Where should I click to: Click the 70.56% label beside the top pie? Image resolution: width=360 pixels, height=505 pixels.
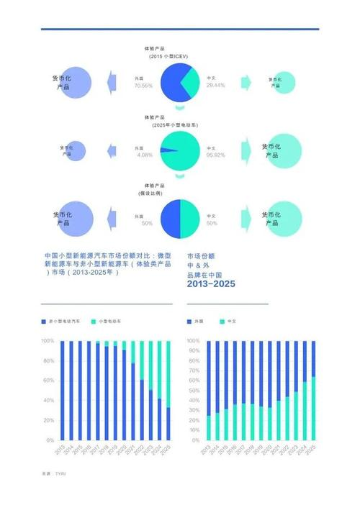(x=143, y=85)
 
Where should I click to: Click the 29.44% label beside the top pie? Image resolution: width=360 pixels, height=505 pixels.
(x=215, y=85)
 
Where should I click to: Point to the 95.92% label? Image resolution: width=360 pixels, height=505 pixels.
(x=215, y=155)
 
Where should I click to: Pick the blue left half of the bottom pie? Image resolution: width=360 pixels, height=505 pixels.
(x=169, y=219)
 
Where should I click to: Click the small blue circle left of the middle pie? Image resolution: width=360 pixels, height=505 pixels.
(x=75, y=150)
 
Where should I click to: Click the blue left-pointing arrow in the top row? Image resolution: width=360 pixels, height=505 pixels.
(x=112, y=81)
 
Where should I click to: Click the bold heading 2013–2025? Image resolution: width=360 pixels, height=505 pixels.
(x=211, y=284)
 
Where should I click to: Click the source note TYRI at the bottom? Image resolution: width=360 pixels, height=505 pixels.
(x=60, y=473)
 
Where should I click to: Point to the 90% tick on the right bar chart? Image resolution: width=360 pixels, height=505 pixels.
(x=193, y=350)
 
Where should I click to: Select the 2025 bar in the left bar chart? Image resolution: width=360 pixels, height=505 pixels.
(x=168, y=389)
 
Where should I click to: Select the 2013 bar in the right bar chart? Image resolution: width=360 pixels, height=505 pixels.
(x=209, y=389)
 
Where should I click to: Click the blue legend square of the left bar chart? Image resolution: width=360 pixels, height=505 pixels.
(x=43, y=319)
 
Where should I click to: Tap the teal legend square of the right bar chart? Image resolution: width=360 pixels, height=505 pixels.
(x=222, y=319)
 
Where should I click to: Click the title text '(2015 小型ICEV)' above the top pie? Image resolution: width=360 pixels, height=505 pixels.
(x=169, y=56)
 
